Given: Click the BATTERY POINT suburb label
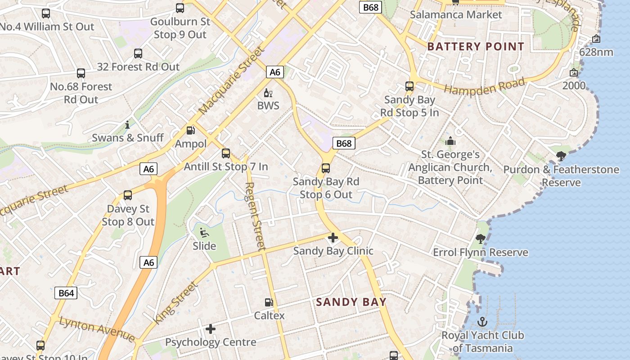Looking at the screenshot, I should tap(476, 46).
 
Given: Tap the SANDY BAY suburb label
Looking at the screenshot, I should tap(351, 301).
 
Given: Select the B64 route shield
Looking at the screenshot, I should tap(66, 293).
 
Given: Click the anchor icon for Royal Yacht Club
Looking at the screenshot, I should tap(482, 322).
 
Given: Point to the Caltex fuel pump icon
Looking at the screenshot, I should tap(269, 302).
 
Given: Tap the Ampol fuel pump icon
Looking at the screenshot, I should tap(191, 130).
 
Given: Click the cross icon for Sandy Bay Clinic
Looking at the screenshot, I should tap(333, 238).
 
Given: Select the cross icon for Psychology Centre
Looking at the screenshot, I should tap(210, 329).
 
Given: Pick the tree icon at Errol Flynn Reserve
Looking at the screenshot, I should tap(481, 239).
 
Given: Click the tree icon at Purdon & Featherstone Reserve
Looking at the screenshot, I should tap(561, 156).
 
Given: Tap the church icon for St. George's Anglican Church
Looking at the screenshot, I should tap(450, 141).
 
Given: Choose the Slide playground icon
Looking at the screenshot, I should tap(204, 233).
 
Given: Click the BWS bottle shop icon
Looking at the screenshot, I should tap(268, 93).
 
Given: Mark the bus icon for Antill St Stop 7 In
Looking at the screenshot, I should tap(226, 153).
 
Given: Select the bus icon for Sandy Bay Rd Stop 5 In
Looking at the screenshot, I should tap(409, 86).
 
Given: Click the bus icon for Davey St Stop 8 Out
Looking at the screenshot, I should tap(128, 195).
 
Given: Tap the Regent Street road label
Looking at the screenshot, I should tap(255, 216).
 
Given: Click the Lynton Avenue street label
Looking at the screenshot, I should tap(97, 329).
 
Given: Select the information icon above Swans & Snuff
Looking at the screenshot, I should tap(127, 125).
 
